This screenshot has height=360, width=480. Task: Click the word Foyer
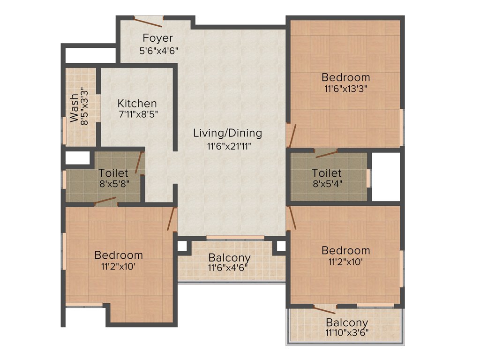[157, 38]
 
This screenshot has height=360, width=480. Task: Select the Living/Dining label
[227, 133]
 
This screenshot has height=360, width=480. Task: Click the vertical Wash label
[74, 108]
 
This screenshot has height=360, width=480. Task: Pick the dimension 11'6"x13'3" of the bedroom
[346, 88]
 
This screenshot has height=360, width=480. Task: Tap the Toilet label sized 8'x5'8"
[113, 173]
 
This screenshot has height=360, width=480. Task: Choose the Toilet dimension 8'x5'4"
[327, 184]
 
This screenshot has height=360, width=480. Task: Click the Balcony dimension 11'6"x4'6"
[229, 268]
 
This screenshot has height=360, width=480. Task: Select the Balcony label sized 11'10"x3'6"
[347, 323]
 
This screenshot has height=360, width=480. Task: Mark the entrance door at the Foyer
[149, 21]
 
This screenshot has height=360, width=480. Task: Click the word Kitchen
[137, 103]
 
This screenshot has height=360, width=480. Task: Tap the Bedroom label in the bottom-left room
[119, 255]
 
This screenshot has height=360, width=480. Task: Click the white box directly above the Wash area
[88, 55]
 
